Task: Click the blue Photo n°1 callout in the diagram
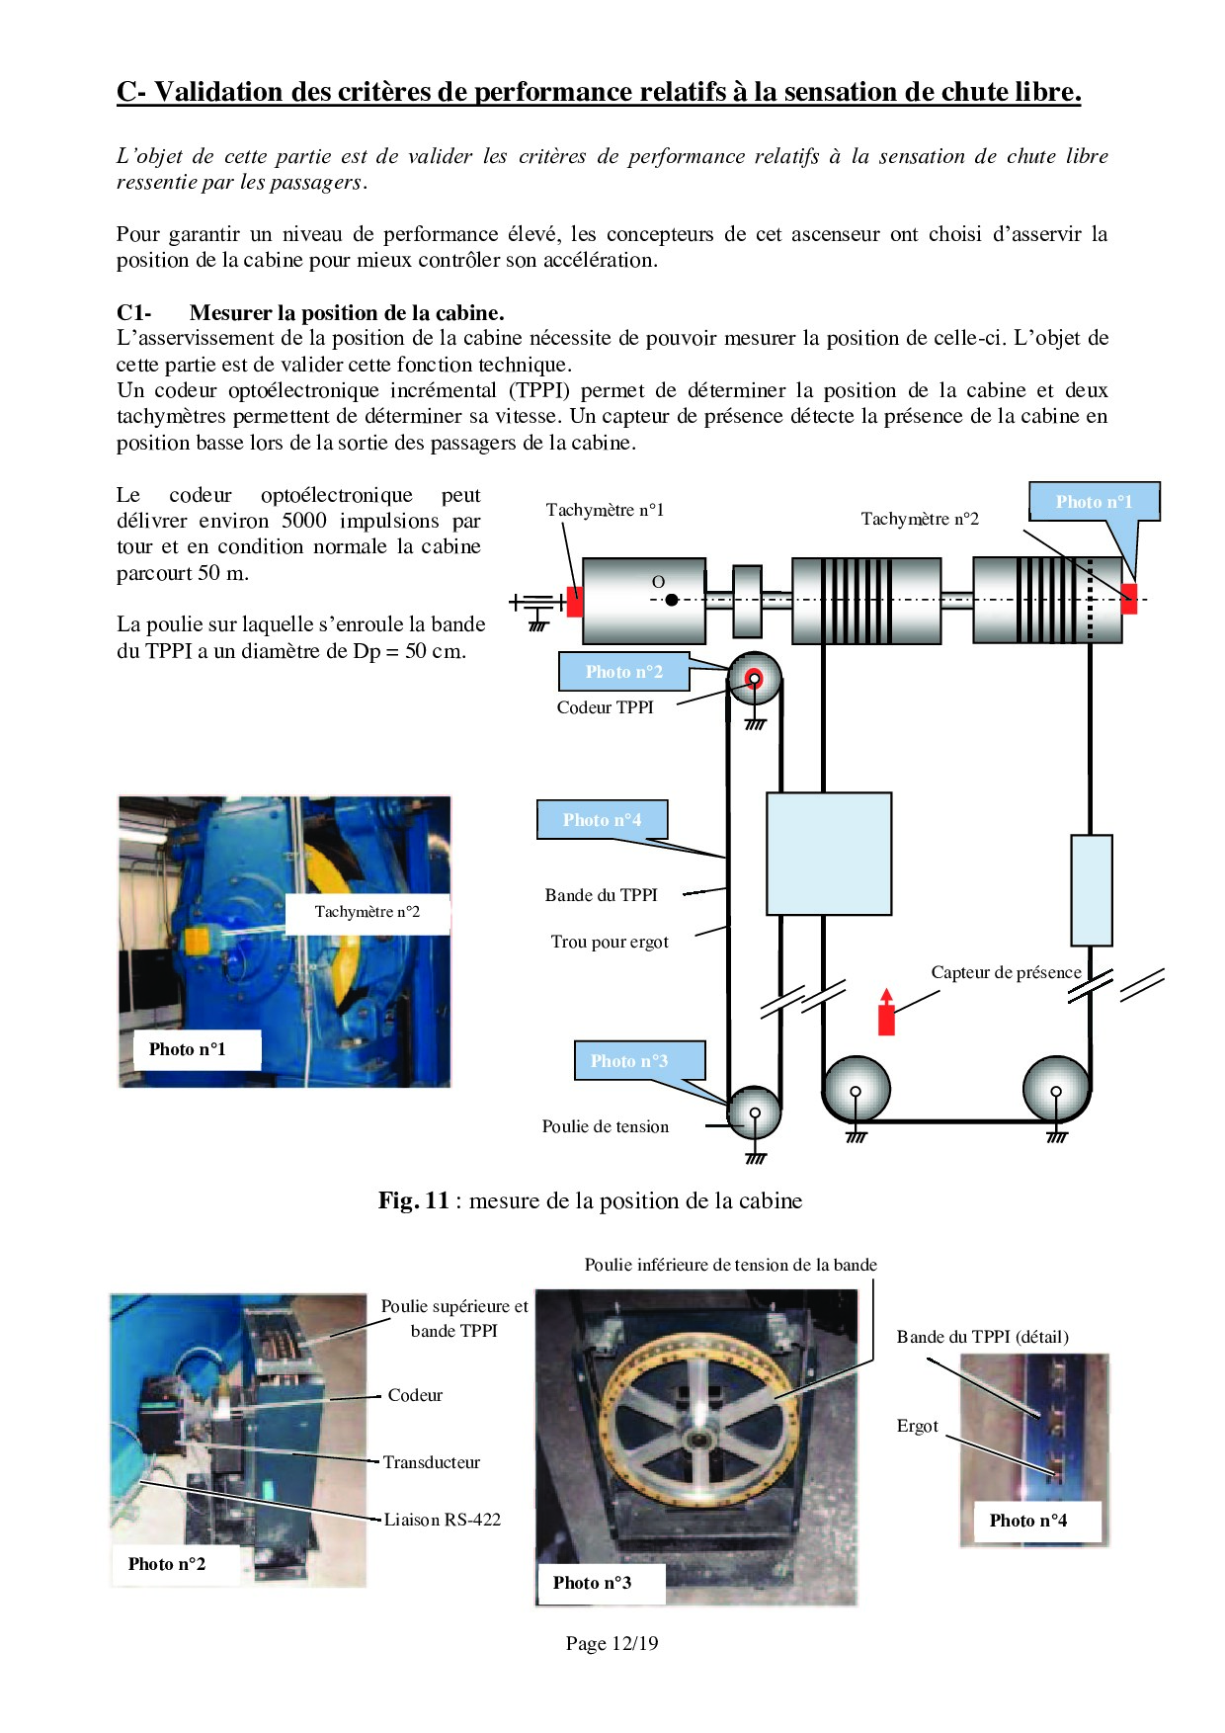pos(1094,502)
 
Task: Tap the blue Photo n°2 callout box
pos(623,672)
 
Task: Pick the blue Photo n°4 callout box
pos(602,820)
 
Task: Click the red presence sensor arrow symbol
pos(886,1013)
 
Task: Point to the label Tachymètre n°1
pos(605,510)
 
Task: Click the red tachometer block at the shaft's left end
pos(574,601)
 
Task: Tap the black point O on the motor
pos(672,600)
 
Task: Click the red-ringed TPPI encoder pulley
pos(755,678)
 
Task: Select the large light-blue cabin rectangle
pos(829,854)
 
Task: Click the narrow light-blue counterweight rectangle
pos(1092,890)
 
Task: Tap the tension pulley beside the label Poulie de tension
pos(755,1113)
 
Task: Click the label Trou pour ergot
pos(610,942)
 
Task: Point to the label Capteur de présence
pos(1006,972)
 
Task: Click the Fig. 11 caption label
pos(590,1200)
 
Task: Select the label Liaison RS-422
pos(442,1520)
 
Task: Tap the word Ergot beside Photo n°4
pos(917,1426)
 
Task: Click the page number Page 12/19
pos(612,1643)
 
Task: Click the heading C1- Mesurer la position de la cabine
pos(310,313)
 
